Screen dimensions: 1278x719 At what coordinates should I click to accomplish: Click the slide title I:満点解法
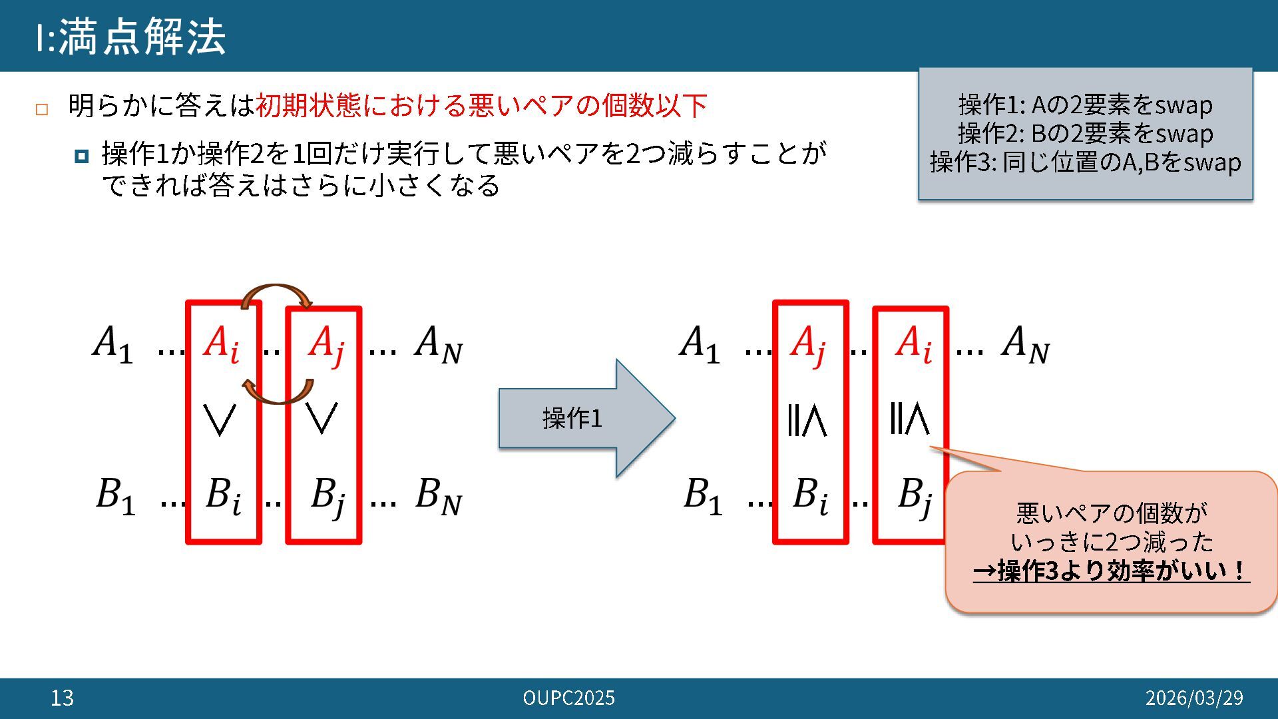(131, 37)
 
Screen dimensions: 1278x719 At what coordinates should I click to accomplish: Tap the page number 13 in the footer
(62, 698)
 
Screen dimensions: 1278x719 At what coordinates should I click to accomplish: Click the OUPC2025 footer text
(568, 698)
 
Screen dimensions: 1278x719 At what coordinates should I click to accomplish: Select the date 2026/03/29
(1193, 698)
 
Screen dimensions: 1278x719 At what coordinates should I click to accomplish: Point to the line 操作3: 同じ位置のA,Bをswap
(1085, 162)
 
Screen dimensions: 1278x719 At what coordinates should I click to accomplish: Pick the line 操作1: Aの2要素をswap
(1085, 105)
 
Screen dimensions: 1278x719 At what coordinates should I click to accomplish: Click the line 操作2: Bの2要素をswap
(1085, 134)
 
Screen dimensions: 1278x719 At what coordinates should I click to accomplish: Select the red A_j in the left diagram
(325, 345)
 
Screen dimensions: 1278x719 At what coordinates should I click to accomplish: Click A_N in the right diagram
(1025, 345)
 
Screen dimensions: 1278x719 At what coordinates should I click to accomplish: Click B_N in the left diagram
(438, 496)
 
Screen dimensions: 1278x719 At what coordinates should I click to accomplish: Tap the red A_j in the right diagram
(808, 345)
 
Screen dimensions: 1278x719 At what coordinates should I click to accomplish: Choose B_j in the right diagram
(913, 497)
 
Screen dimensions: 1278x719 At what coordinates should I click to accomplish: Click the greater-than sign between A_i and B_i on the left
(220, 419)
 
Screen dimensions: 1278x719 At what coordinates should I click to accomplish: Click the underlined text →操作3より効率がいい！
(1111, 571)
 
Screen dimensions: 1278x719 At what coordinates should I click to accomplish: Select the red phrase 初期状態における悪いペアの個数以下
(481, 106)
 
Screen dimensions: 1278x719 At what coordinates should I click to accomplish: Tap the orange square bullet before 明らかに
(42, 109)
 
